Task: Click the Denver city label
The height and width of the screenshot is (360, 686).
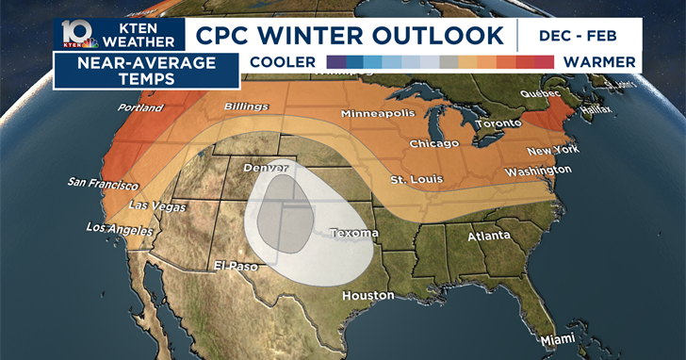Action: (266, 167)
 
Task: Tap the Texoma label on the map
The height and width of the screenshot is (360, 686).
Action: (354, 233)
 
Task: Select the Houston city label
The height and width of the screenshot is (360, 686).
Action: (368, 295)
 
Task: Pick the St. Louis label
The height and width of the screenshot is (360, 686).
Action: (416, 180)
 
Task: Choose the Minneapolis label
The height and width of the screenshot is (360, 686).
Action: (378, 113)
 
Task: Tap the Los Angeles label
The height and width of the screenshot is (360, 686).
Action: (119, 228)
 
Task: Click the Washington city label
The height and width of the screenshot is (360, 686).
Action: (537, 171)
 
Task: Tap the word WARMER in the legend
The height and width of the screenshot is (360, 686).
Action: (598, 62)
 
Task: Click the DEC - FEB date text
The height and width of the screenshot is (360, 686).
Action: (579, 36)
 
